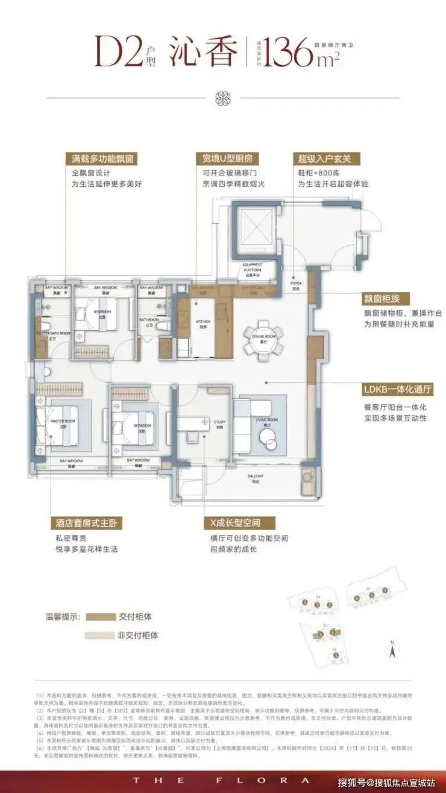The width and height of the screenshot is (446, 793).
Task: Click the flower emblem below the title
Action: (222, 98)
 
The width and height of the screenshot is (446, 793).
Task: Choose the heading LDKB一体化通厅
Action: (397, 389)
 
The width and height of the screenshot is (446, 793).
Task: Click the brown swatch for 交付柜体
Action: (101, 616)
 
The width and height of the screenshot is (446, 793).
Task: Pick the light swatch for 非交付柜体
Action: (100, 635)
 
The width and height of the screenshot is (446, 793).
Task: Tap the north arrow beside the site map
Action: (392, 650)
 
